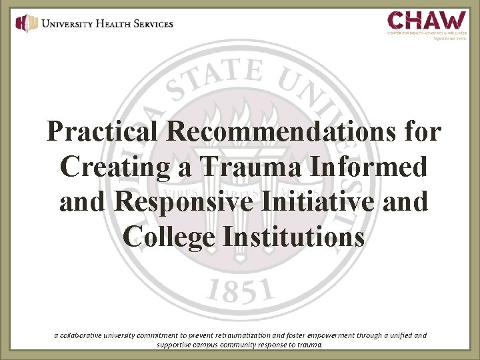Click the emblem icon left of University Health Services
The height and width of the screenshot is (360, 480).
pyautogui.click(x=26, y=23)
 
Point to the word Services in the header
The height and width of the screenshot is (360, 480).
pyautogui.click(x=151, y=23)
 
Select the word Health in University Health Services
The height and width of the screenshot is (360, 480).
pyautogui.click(x=107, y=23)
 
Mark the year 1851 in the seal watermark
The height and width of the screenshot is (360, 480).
pyautogui.click(x=241, y=291)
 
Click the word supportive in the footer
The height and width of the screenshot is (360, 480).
pyautogui.click(x=174, y=345)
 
